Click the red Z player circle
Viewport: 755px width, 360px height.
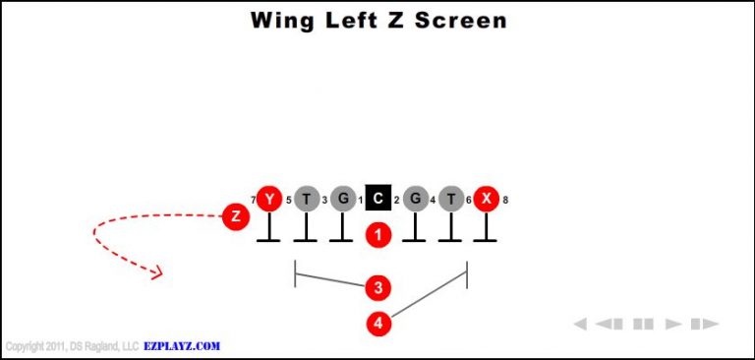pos(234,216)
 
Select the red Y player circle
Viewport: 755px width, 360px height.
pos(268,200)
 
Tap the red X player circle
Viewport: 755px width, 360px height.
pos(485,200)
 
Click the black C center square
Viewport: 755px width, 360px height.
pos(377,200)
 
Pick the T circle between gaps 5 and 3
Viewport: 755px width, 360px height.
pos(305,200)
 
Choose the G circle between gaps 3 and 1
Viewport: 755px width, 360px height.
pos(341,200)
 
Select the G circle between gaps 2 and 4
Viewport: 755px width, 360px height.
pos(414,200)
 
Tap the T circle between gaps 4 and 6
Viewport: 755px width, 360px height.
pos(449,200)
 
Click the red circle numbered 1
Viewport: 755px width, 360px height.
pos(377,235)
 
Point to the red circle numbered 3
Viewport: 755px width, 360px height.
pos(377,288)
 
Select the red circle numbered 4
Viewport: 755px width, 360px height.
pos(377,323)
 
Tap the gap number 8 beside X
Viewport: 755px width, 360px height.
pos(505,201)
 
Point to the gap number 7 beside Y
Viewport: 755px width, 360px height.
pos(253,201)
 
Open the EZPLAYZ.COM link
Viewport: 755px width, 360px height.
pos(182,346)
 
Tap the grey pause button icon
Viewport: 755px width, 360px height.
pos(643,324)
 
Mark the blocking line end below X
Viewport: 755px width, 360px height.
pos(485,241)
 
